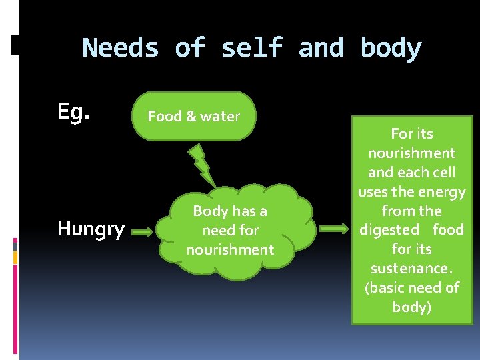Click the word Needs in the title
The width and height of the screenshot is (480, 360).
click(121, 48)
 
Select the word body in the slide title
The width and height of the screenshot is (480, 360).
click(391, 48)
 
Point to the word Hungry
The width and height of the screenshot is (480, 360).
click(91, 229)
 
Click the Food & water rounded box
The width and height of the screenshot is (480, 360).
click(193, 116)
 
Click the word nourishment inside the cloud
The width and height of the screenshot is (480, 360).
click(230, 250)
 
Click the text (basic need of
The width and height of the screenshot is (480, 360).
click(411, 287)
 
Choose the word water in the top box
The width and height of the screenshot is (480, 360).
click(219, 116)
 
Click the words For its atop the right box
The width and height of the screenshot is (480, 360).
click(411, 134)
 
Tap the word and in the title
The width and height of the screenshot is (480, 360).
click(321, 48)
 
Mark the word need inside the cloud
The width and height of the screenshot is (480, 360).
click(216, 231)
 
